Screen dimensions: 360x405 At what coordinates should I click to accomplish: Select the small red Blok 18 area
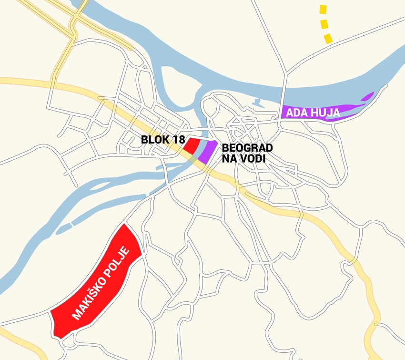click(192, 146)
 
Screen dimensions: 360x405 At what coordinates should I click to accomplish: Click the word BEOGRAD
click(247, 148)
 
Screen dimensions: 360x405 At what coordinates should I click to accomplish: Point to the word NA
click(230, 159)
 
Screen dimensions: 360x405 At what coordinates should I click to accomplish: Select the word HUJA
click(326, 113)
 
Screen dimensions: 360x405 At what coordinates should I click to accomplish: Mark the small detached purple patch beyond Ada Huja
click(367, 97)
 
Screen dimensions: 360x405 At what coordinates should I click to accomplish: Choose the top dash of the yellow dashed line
click(324, 9)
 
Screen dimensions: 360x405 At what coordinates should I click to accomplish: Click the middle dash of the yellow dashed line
click(325, 23)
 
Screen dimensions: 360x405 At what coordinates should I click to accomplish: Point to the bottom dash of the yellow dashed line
click(328, 38)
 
